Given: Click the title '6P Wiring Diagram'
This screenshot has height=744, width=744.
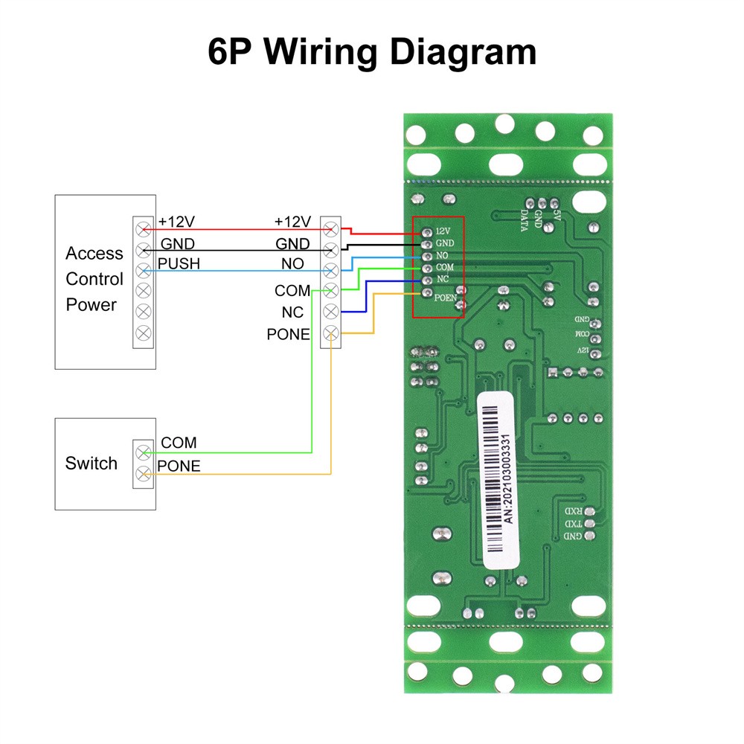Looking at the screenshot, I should point(372,53).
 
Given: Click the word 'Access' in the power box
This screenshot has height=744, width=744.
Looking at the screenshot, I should point(94,254).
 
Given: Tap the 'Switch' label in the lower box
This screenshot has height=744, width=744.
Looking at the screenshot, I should point(91,464).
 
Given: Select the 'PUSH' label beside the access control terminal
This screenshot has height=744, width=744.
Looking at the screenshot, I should point(179,263).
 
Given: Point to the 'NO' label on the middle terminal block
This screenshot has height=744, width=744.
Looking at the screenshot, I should point(292,263).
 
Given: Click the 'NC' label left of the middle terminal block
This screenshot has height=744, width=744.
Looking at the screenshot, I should point(292,312).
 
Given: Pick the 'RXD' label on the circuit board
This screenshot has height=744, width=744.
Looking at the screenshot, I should point(573,512).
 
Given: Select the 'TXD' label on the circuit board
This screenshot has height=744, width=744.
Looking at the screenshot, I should point(573,524).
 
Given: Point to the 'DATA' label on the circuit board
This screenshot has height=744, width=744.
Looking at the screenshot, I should point(525,219).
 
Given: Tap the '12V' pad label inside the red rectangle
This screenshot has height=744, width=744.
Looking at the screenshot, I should point(443,231).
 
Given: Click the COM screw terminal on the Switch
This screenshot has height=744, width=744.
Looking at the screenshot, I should point(143,452).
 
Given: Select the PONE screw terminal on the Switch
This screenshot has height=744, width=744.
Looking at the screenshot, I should point(143,473).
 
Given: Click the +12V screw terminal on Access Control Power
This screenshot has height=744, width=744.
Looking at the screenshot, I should point(143,228).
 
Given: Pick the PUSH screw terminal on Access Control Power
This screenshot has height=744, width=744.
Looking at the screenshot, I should point(143,269).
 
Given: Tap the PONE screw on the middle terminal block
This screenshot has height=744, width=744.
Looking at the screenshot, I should point(330,333).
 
